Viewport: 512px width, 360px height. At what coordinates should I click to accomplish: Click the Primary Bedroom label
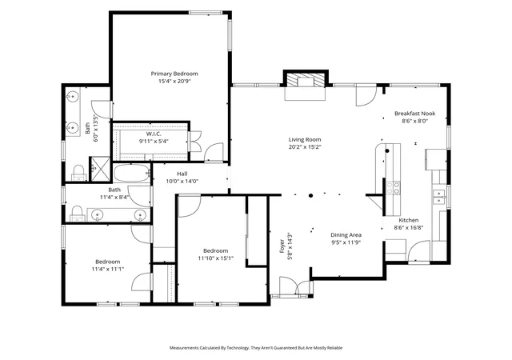174,74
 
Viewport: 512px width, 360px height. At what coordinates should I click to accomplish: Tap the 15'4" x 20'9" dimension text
174,82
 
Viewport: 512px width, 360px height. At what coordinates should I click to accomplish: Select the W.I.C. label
154,134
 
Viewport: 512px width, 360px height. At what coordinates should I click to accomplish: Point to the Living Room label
305,139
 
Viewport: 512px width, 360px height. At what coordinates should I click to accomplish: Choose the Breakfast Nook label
414,114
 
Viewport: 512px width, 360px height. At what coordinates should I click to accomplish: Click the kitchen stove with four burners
393,187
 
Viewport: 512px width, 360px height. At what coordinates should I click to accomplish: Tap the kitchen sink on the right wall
439,197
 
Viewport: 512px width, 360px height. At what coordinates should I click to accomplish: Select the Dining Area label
346,235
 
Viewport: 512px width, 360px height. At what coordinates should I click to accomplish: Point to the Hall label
182,174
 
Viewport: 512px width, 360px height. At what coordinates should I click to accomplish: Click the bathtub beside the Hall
131,173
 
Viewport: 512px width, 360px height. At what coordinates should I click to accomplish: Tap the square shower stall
101,169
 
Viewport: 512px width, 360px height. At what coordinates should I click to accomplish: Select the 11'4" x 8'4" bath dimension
114,198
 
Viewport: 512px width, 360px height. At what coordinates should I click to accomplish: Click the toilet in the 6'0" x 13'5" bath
78,173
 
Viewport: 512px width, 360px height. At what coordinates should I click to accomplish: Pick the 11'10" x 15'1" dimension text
215,258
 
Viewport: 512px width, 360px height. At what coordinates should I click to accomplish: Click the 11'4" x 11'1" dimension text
108,269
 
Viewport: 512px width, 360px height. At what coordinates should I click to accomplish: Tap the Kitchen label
409,220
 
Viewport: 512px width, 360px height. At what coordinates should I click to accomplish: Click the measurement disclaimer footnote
256,348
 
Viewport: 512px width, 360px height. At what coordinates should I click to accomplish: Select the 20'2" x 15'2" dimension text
305,147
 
